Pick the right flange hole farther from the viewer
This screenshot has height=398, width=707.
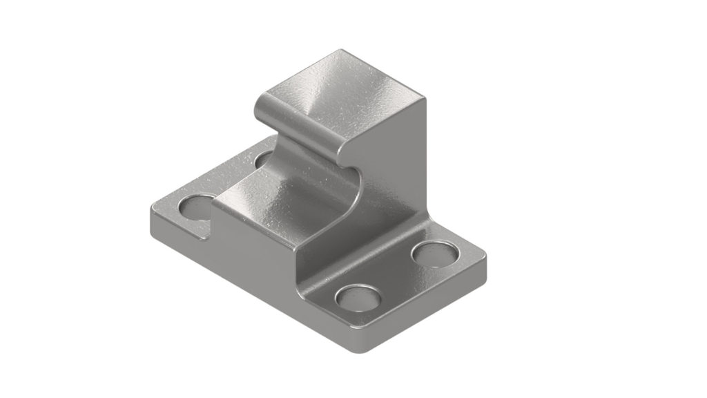click(x=435, y=252)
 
